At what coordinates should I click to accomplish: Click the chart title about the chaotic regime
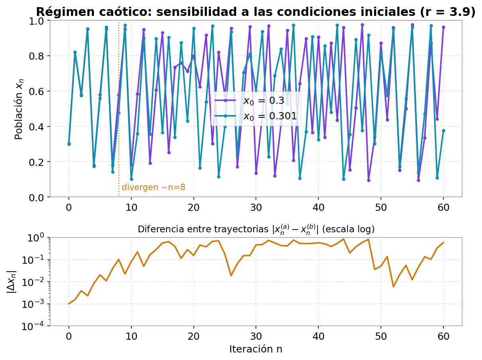(256, 12)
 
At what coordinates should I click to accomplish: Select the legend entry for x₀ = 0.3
(250, 101)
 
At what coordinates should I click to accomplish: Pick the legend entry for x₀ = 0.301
(256, 116)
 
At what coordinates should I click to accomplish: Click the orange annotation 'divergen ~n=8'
(154, 187)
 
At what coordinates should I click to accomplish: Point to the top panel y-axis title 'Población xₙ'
(19, 109)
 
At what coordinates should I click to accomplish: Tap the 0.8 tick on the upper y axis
(37, 56)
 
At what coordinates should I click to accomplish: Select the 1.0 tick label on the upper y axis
(37, 21)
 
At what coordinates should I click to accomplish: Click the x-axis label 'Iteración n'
(256, 349)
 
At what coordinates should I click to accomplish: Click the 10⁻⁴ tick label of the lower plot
(33, 326)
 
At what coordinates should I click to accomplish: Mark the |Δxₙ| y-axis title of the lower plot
(12, 282)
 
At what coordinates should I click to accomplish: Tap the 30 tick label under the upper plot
(256, 208)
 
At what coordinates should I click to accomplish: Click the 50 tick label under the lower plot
(381, 336)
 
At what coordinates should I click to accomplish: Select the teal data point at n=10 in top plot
(131, 179)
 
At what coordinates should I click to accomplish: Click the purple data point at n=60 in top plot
(443, 27)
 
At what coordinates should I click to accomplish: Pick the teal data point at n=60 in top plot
(443, 131)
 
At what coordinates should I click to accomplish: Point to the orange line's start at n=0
(69, 304)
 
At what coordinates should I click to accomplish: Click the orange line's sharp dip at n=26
(231, 275)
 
